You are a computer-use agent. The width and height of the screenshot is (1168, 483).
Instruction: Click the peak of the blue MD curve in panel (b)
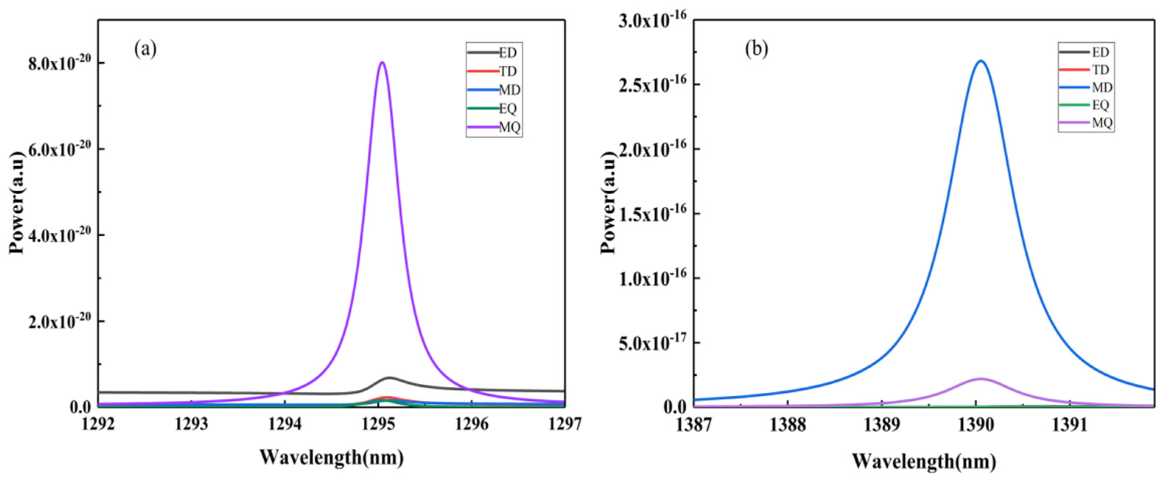tap(981, 61)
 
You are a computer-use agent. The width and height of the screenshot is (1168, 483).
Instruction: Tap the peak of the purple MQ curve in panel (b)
tap(981, 379)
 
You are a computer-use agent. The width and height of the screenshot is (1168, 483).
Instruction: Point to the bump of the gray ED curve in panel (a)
tap(389, 378)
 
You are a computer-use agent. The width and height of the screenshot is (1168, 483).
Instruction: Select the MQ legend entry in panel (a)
tap(494, 128)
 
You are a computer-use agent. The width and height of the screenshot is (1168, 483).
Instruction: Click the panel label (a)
tap(145, 49)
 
